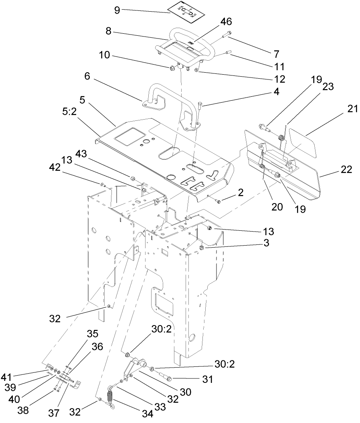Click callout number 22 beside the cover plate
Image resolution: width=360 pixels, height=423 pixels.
coord(346,169)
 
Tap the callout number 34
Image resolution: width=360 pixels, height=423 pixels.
coord(148,413)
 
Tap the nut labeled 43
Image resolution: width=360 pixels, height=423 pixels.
coord(132,177)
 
